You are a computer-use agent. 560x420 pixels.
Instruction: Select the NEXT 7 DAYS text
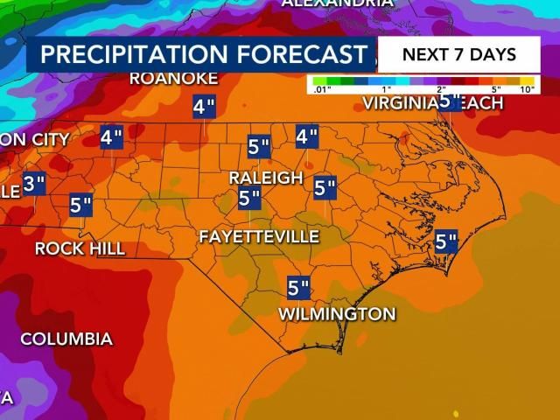coord(458,54)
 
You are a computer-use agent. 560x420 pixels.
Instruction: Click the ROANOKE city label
coord(173,78)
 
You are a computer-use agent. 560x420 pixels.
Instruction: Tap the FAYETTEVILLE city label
coord(258,236)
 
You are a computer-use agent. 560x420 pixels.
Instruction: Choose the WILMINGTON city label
coord(337,314)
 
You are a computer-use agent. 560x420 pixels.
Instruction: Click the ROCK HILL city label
coord(80,249)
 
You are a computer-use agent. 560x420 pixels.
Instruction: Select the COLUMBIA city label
coord(66,339)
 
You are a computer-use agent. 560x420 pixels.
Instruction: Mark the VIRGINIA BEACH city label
coord(433,103)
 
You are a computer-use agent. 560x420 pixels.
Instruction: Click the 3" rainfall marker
coord(34,185)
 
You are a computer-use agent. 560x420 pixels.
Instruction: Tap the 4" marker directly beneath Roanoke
coord(204,108)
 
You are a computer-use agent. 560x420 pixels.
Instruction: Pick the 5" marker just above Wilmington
coord(299,287)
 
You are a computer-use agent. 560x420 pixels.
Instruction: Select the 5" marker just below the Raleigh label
coord(250,199)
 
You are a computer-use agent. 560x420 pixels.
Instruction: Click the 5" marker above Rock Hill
coord(81,206)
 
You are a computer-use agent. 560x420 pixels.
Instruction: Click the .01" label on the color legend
coord(321,89)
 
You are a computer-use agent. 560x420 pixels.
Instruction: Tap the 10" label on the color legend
coord(527,89)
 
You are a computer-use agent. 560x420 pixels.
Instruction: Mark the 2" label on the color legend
coord(441,89)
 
